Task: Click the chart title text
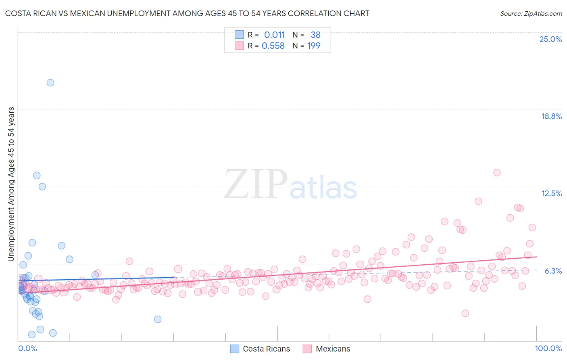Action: pyautogui.click(x=187, y=14)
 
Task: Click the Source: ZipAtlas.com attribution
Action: pyautogui.click(x=531, y=14)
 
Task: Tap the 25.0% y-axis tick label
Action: pyautogui.click(x=550, y=39)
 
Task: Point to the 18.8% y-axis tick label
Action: pyautogui.click(x=551, y=116)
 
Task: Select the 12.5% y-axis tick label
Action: pyautogui.click(x=551, y=193)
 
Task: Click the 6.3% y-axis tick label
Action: pyautogui.click(x=553, y=271)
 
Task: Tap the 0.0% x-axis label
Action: pyautogui.click(x=27, y=348)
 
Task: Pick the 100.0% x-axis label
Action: pyautogui.click(x=548, y=348)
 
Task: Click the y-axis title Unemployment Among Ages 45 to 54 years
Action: pyautogui.click(x=11, y=184)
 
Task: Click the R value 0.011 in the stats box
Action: pyautogui.click(x=274, y=35)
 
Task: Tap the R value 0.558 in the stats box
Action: pyautogui.click(x=273, y=46)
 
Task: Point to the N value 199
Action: pyautogui.click(x=314, y=46)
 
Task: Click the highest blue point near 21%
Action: pyautogui.click(x=50, y=83)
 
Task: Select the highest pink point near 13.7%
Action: pyautogui.click(x=497, y=172)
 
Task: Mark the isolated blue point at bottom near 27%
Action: pyautogui.click(x=158, y=319)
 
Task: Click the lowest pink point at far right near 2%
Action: pyautogui.click(x=465, y=313)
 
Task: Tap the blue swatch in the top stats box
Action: pyautogui.click(x=239, y=35)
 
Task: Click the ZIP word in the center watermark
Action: pyautogui.click(x=256, y=184)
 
